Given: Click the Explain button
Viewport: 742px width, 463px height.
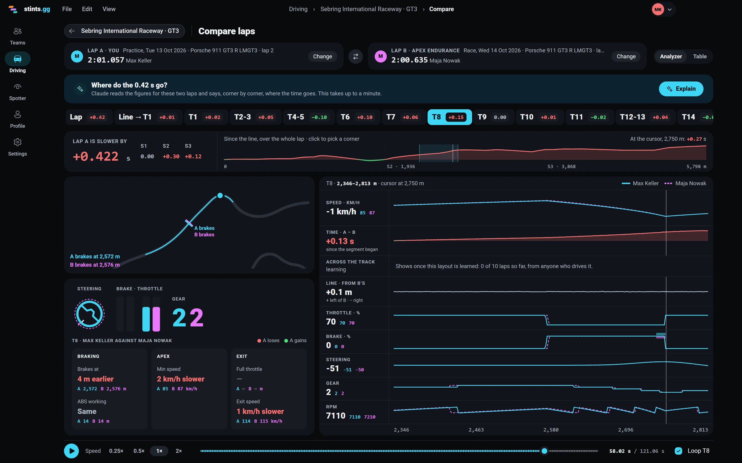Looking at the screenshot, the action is coord(681,89).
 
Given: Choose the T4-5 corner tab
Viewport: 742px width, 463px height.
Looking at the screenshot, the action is coord(308,117).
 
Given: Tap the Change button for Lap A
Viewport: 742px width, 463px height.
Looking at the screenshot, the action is coord(322,56).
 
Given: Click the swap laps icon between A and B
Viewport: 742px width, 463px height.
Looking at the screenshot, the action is coord(356,56).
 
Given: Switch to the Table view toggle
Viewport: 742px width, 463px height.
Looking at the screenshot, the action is coord(700,56).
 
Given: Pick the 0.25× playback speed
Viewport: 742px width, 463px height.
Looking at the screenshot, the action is coord(116,451).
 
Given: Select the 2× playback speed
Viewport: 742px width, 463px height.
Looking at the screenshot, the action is coord(179,451).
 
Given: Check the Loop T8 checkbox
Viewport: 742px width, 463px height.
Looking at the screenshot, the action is coord(678,451).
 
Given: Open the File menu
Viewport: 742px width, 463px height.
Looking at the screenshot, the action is coord(67,9).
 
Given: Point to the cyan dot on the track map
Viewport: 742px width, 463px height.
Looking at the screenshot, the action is coord(220,195).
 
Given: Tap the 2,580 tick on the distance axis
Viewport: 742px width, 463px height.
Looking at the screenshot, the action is coord(551,430).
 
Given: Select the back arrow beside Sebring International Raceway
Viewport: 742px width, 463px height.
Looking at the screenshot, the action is coord(72,31).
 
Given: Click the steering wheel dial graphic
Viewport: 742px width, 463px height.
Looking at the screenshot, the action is coord(89,314).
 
